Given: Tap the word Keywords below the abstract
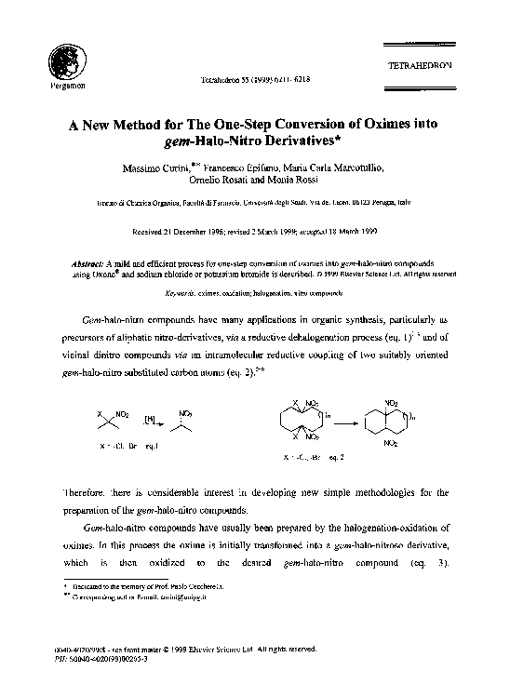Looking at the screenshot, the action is [x=181, y=292].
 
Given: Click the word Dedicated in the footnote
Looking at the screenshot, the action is [x=91, y=589].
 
